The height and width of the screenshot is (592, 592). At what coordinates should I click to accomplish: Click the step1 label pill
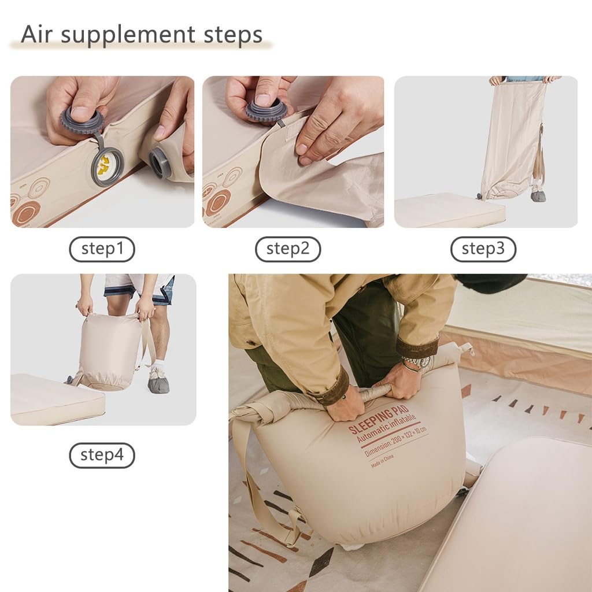102,249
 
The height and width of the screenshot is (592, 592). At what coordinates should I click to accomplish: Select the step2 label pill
288,249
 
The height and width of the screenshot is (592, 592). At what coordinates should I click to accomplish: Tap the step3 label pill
483,249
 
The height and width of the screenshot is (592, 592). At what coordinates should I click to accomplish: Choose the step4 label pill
102,455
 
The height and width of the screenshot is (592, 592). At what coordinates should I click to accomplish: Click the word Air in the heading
38,35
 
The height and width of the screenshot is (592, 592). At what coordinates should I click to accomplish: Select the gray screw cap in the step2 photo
266,110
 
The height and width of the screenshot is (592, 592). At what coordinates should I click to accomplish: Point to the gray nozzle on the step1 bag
160,162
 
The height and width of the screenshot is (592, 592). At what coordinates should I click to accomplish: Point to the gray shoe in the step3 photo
538,195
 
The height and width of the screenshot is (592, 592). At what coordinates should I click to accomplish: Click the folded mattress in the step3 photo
449,210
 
